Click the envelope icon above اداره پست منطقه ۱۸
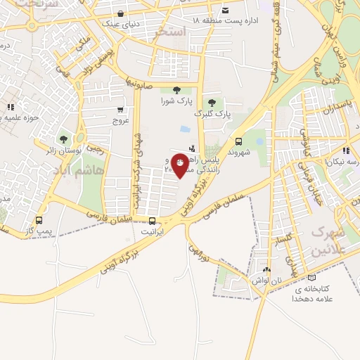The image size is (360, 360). click(x=225, y=11)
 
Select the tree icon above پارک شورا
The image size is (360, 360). click(x=175, y=89)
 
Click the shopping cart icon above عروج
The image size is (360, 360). click(x=120, y=110)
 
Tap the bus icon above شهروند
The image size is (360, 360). click(x=239, y=141)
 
